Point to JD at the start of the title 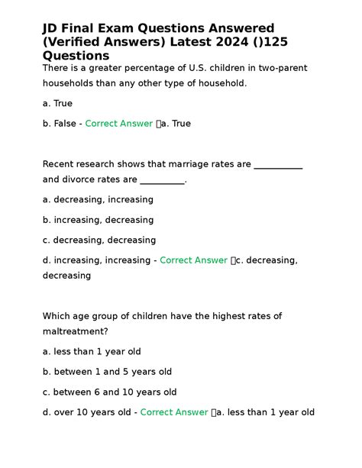pyautogui.click(x=52, y=28)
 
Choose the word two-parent pyautogui.click(x=280, y=69)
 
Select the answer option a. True pyautogui.click(x=58, y=103)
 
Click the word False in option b pyautogui.click(x=67, y=123)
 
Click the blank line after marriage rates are pyautogui.click(x=277, y=164)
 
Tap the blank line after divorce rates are pyautogui.click(x=163, y=180)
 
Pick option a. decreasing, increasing pyautogui.click(x=98, y=199)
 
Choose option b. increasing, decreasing pyautogui.click(x=98, y=220)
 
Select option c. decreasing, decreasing pyautogui.click(x=99, y=240)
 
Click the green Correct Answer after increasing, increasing pyautogui.click(x=193, y=260)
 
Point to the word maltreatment pyautogui.click(x=75, y=331)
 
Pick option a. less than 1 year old pyautogui.click(x=92, y=352)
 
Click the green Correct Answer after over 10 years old pyautogui.click(x=174, y=412)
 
